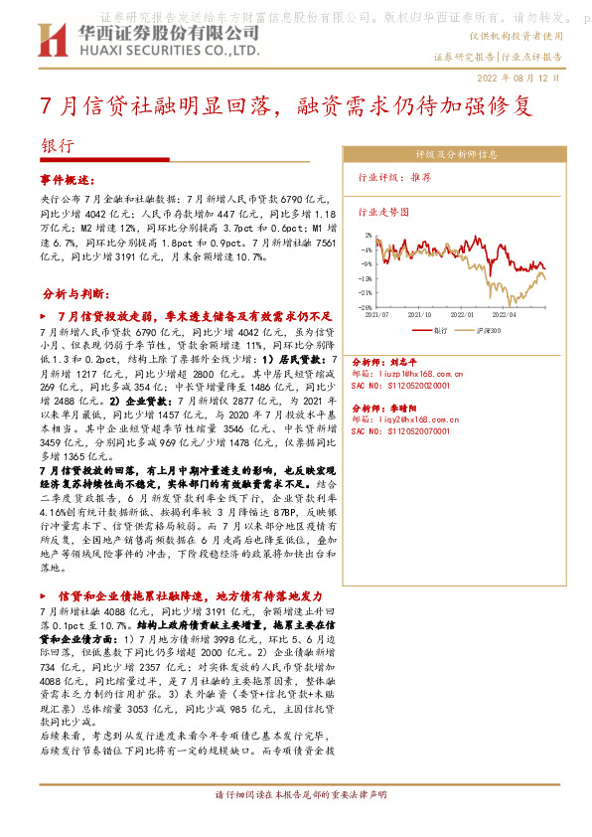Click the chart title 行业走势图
click(x=382, y=211)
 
